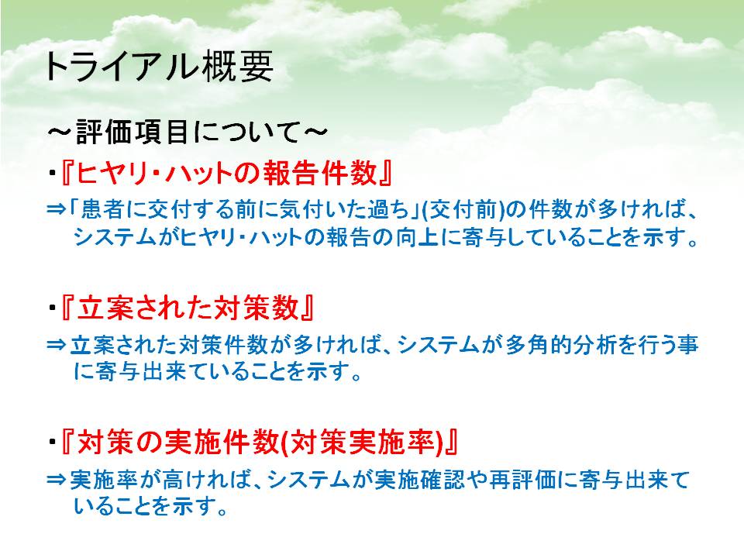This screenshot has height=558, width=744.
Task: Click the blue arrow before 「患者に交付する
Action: click(56, 208)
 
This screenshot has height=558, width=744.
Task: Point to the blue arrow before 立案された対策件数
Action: click(56, 344)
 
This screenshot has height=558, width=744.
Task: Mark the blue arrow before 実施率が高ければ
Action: click(56, 480)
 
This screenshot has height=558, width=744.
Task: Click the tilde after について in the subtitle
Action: click(315, 132)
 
